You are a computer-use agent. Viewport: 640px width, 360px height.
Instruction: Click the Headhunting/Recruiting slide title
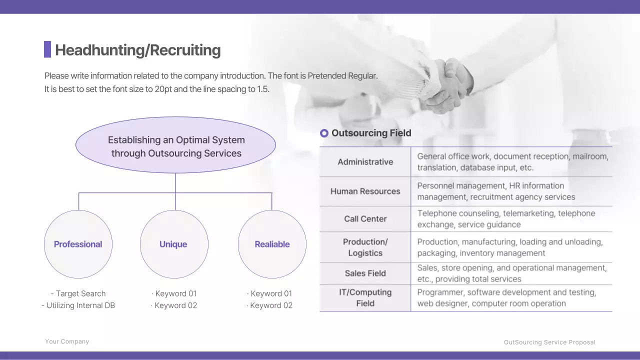coord(137,50)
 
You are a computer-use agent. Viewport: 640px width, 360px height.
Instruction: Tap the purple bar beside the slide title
coord(47,49)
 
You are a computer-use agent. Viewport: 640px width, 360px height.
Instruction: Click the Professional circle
coord(78,244)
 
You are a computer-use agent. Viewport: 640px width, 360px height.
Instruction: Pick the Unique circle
coord(173,244)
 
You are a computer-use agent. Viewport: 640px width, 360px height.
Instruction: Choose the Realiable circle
coord(272,244)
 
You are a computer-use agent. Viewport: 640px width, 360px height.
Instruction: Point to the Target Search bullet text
coord(78,293)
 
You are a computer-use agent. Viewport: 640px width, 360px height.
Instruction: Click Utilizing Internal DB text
coord(78,305)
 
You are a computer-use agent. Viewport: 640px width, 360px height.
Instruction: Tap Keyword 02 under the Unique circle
coord(174,305)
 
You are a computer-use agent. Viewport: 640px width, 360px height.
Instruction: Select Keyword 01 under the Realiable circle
coord(269,293)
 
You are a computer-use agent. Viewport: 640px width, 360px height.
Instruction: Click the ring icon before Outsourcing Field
coord(324,133)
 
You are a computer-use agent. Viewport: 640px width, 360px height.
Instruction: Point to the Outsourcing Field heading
coord(371,133)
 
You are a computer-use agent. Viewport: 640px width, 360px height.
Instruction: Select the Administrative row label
coord(365,162)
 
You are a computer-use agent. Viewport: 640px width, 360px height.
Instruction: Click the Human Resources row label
coord(365,191)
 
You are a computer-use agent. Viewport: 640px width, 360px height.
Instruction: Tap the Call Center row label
coord(365,219)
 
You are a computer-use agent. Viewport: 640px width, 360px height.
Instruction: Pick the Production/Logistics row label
coord(365,247)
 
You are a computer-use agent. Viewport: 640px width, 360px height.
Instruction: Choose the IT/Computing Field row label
coord(365,297)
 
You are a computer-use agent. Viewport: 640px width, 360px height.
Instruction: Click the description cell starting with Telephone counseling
coord(506,219)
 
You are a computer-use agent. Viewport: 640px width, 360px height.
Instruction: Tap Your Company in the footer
coord(67,341)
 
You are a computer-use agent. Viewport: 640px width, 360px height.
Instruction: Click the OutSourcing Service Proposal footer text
coord(549,342)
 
